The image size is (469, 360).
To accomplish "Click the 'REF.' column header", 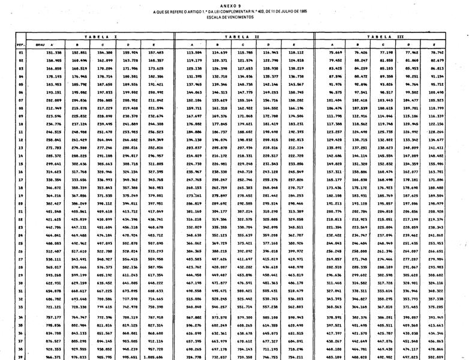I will click(x=20, y=44).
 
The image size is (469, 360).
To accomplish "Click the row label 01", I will click(x=21, y=52).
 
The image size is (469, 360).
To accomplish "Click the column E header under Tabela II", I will click(x=294, y=44).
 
